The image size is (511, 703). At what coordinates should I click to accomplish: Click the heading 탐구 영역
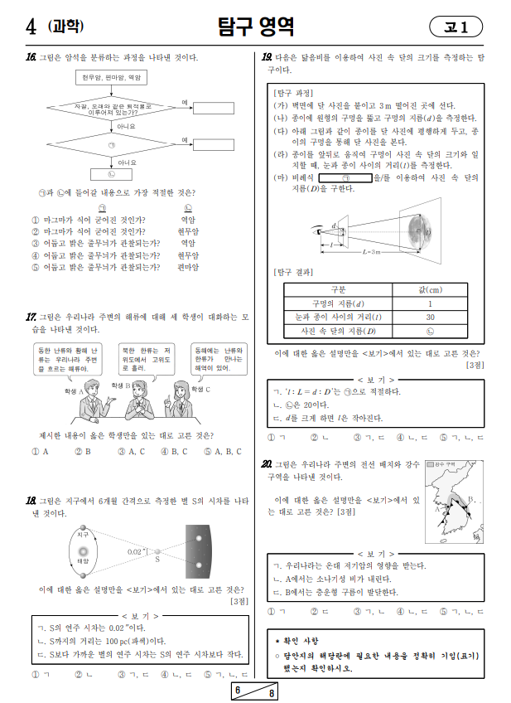255,27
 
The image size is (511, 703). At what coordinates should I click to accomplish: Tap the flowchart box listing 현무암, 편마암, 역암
113,77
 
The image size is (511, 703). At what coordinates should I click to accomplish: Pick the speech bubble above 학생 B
147,359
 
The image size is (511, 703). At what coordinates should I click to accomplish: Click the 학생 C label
201,388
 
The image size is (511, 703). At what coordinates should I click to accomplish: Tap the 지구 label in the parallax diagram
83,535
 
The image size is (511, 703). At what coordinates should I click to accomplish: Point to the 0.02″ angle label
137,550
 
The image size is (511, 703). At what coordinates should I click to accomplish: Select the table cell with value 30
430,317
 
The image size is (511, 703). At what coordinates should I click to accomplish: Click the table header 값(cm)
430,289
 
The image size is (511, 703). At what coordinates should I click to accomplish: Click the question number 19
267,58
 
